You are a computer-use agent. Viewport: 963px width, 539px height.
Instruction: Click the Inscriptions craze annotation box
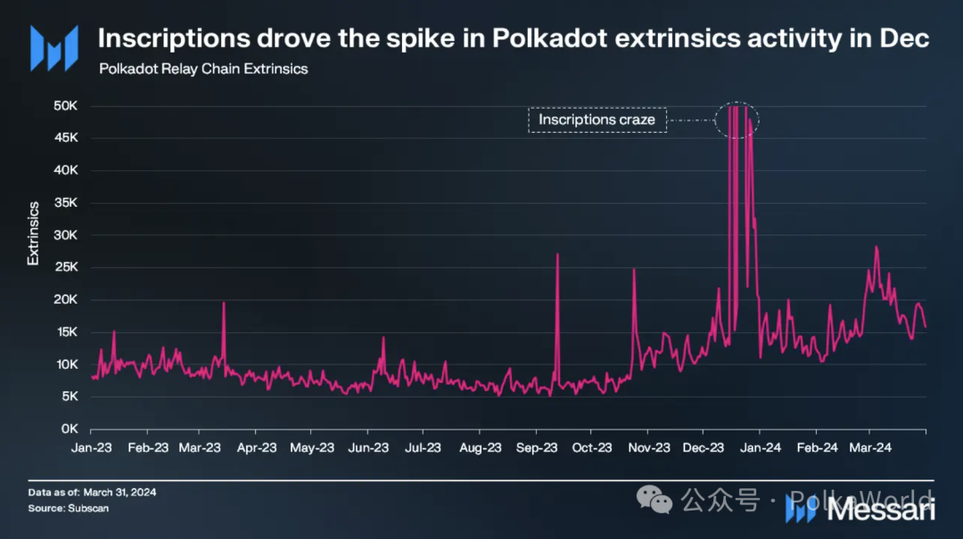coord(597,119)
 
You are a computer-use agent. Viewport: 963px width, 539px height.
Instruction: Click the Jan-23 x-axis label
coord(91,447)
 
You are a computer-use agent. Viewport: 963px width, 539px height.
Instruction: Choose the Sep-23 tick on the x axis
coord(537,447)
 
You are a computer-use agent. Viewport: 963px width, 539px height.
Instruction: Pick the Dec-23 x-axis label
coord(704,447)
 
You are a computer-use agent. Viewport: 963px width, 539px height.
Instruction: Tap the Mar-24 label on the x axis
coord(871,447)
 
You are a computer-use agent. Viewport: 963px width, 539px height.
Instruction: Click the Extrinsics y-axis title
coord(33,233)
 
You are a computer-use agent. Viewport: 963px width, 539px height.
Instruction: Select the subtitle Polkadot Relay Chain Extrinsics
coord(203,69)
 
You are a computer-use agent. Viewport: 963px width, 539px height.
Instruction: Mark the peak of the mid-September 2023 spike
coord(557,255)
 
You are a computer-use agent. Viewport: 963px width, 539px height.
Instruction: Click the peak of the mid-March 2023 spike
coord(224,304)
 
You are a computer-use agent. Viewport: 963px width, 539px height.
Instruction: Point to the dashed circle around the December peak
coord(737,119)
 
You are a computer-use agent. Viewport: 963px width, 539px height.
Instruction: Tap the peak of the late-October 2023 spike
coord(634,269)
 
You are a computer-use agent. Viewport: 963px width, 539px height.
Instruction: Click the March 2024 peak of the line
coord(877,248)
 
